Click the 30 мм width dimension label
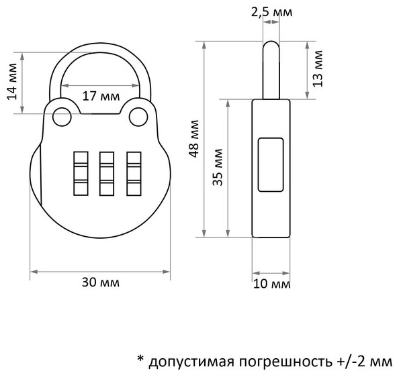pos(101,282)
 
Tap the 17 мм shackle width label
pos(101,97)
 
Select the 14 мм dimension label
pos(11,81)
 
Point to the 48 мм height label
pos(194,138)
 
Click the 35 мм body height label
pos(218,167)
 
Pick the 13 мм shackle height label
pos(318,68)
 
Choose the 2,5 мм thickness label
pos(272,12)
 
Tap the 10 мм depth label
pos(272,284)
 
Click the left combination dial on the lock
pos(81,174)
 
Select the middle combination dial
pos(107,174)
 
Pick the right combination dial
pos(134,174)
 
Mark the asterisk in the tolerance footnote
pos(140,359)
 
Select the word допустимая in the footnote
pos(191,362)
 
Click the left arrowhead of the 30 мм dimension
pos(34,272)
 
